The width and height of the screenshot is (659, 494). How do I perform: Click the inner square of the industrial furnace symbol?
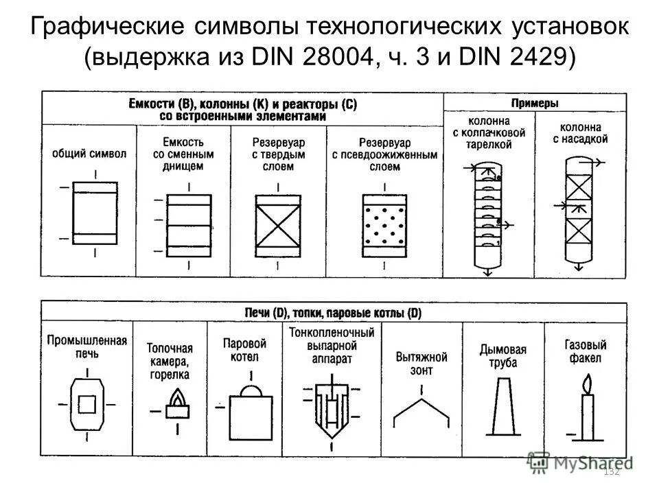86,404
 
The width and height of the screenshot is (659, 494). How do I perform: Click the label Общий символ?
89,154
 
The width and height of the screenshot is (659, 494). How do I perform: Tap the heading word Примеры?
535,103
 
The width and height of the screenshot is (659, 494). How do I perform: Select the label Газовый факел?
585,351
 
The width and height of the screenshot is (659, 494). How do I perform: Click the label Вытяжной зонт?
421,363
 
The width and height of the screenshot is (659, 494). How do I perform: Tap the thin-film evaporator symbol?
332,412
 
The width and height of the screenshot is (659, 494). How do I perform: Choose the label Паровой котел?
245,349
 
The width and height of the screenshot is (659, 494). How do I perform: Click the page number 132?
610,471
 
